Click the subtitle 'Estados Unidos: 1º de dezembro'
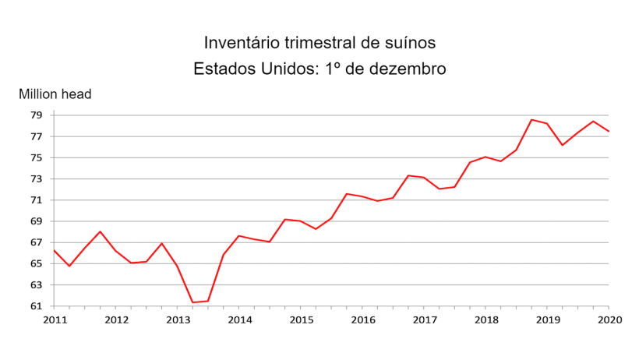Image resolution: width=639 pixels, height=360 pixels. tap(319, 69)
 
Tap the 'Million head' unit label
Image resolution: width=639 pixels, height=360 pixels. tap(55, 94)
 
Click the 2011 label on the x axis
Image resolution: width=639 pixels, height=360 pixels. tap(55, 319)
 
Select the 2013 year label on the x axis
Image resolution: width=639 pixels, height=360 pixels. tap(178, 319)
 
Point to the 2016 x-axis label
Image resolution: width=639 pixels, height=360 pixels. tap(362, 319)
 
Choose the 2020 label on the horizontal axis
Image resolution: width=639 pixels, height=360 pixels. tap(609, 319)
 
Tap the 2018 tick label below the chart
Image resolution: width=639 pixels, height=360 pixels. tap(485, 319)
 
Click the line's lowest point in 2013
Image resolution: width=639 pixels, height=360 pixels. tap(192, 302)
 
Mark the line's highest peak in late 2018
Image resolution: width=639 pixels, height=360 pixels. tap(531, 120)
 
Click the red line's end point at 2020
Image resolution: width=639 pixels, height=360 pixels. tap(609, 132)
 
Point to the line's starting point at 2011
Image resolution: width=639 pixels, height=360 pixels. tap(54, 250)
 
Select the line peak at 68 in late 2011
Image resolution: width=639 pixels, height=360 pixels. tap(101, 231)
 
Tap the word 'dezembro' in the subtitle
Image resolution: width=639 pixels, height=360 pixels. tap(411, 69)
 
